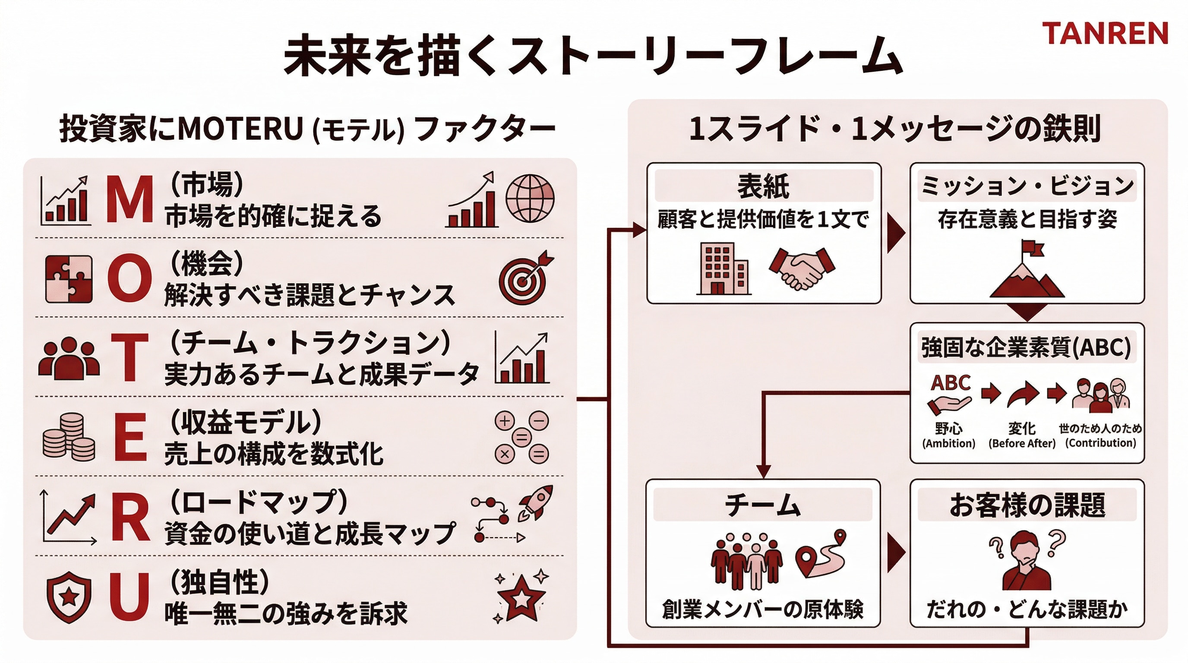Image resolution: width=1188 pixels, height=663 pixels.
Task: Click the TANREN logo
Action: pyautogui.click(x=1105, y=34)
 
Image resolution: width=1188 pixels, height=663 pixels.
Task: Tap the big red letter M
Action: pyautogui.click(x=130, y=200)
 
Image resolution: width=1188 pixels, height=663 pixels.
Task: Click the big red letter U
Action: pyautogui.click(x=130, y=596)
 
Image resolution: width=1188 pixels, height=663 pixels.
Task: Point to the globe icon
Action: pyautogui.click(x=530, y=198)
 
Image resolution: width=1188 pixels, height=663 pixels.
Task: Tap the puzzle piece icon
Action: pyautogui.click(x=69, y=279)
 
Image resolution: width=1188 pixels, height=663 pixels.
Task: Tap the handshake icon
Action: pyautogui.click(x=802, y=268)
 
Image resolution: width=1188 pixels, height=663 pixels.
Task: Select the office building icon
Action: pyautogui.click(x=723, y=268)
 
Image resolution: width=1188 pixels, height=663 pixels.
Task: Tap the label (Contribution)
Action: pyautogui.click(x=1100, y=442)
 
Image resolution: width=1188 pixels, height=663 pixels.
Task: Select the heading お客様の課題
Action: pyautogui.click(x=1027, y=505)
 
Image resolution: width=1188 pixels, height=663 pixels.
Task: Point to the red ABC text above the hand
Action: pyautogui.click(x=951, y=383)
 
